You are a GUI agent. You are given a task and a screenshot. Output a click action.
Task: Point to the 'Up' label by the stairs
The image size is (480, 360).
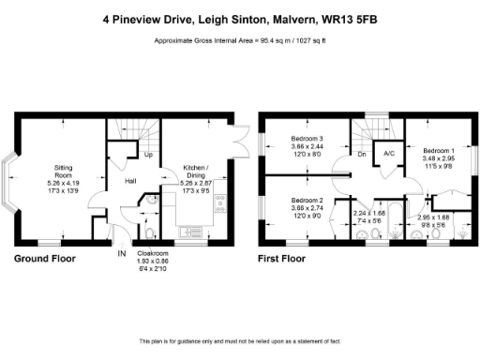click(x=148, y=155)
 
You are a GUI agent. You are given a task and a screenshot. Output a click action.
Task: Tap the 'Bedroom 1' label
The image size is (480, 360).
click(x=438, y=151)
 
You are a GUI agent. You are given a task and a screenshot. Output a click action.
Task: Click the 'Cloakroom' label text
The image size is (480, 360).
click(x=152, y=252)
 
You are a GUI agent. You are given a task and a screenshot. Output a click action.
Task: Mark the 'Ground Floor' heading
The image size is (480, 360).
click(x=44, y=257)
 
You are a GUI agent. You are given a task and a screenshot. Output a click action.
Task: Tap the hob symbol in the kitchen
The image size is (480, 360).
click(x=220, y=201)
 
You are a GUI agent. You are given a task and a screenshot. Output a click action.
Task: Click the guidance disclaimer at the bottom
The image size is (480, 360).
click(x=239, y=340)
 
